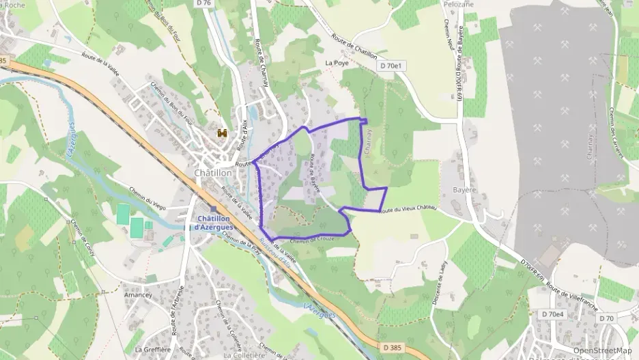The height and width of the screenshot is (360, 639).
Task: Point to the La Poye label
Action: pos(337,63)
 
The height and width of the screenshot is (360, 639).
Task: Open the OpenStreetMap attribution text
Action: pos(601,350)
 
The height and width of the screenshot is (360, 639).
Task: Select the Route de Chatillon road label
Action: pos(354,49)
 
